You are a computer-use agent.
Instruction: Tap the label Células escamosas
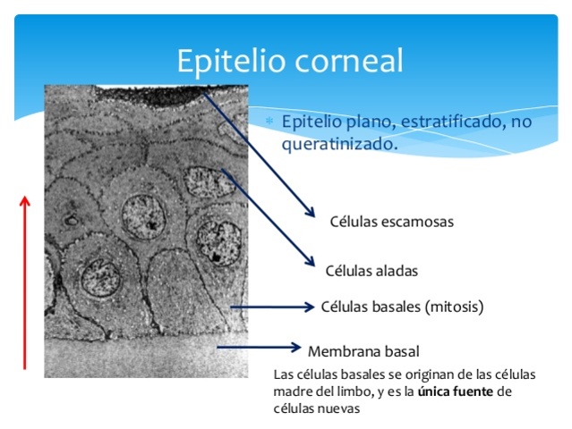[x=391, y=222]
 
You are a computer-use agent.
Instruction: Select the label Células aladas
[x=371, y=270]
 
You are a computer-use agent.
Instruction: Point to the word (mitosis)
[x=454, y=307]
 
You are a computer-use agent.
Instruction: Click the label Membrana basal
[x=363, y=350]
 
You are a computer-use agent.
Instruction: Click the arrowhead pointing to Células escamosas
[x=312, y=212]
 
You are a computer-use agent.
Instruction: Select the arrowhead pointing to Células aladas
[x=310, y=261]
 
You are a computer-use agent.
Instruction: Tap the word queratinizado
[x=339, y=143]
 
